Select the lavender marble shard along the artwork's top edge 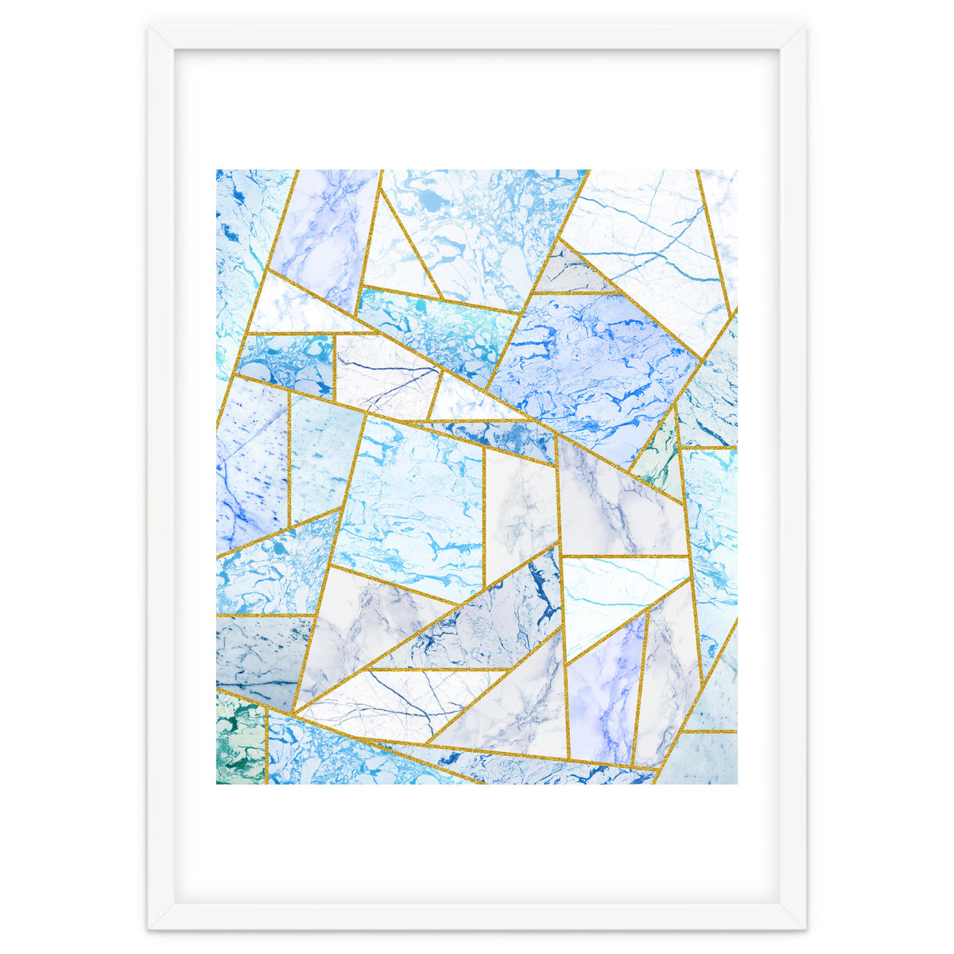(326, 231)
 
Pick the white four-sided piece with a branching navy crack (382, 374)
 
